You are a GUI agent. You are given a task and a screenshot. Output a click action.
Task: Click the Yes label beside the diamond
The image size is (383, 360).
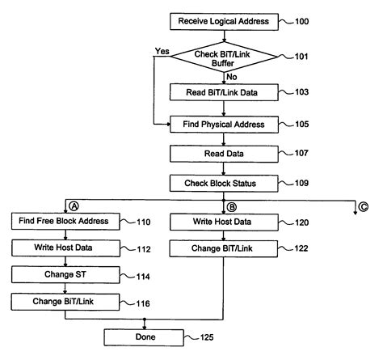161,51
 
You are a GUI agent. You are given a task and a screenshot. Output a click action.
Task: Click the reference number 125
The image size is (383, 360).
199,336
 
